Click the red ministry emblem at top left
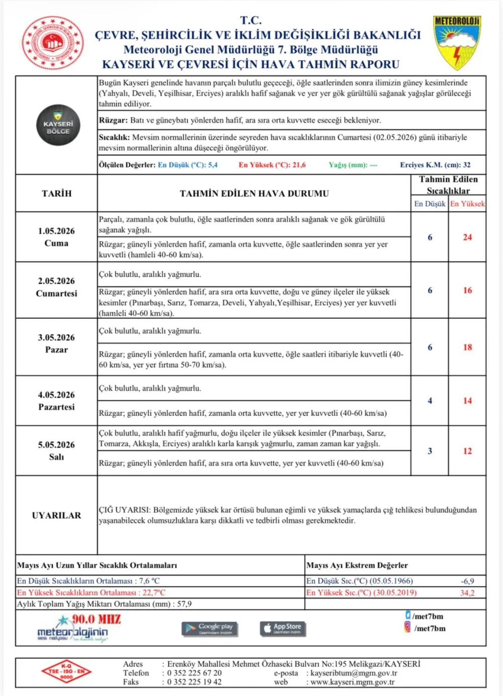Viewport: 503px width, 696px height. (x=52, y=43)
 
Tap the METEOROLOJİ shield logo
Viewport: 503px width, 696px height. (x=457, y=42)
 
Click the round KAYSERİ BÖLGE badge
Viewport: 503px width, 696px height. (x=58, y=125)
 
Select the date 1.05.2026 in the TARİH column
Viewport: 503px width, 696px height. (x=56, y=231)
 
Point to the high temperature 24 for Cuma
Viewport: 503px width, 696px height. (x=467, y=237)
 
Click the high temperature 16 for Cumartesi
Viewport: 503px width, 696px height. (x=467, y=290)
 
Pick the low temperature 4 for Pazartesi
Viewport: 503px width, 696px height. (x=430, y=401)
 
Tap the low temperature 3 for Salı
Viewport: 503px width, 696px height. (x=430, y=451)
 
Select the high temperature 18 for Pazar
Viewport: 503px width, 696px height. (x=467, y=347)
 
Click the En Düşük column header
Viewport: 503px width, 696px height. (x=430, y=204)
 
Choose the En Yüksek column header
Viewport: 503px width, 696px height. (x=467, y=204)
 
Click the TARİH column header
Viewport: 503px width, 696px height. (x=56, y=194)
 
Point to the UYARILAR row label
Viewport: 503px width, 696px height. (x=56, y=515)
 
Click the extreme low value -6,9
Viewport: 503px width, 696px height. (x=467, y=581)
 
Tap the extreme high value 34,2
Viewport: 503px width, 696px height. (x=467, y=593)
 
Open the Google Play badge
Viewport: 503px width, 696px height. (x=210, y=628)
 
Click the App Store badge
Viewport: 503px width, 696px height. (x=283, y=628)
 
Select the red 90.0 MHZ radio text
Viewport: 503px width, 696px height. (x=96, y=619)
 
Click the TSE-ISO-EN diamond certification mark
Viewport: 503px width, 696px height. (x=66, y=671)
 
